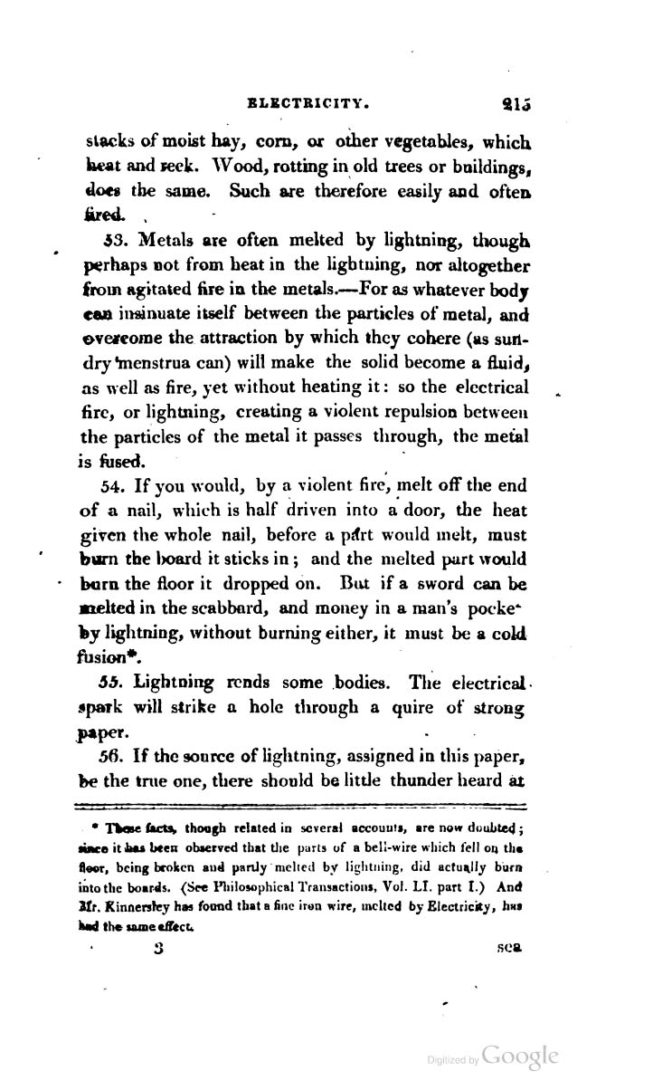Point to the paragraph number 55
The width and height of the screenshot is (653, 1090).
click(x=121, y=680)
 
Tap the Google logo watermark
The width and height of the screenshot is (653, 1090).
click(x=522, y=1058)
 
